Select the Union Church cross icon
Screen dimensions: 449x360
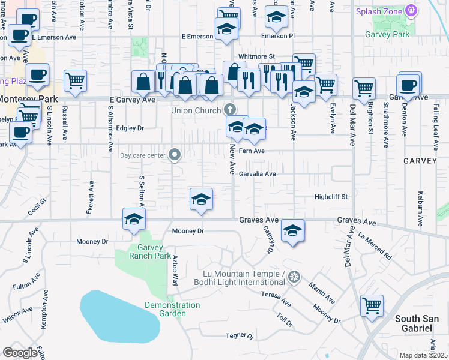pos(229,110)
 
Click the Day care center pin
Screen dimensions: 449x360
pos(175,155)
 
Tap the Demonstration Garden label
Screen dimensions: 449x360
pos(172,309)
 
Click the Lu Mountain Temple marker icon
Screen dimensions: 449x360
pos(294,277)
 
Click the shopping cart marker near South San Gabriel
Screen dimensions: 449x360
pos(372,305)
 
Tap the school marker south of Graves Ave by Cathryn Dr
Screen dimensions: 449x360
pos(292,231)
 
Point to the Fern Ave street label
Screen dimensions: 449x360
pos(252,151)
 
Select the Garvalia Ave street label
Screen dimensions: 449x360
pos(257,174)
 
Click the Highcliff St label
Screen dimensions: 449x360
pos(331,197)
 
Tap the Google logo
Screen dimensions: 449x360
pos(20,353)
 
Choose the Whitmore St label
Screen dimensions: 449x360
pos(256,56)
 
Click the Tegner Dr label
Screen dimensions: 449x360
pos(240,335)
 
